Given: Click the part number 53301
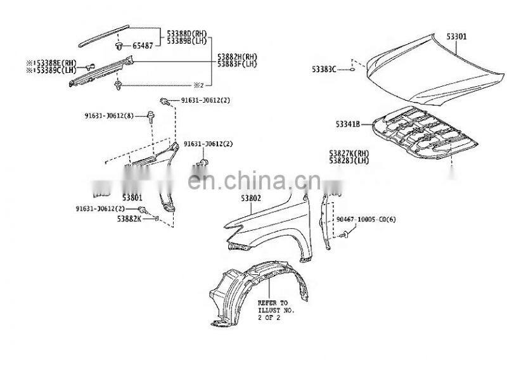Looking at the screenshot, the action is point(456,37).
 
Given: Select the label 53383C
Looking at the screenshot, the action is point(323,68).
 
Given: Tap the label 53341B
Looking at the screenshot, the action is point(344,124).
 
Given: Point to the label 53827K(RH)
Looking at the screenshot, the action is point(349,153).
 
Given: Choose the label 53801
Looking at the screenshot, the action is point(132,198).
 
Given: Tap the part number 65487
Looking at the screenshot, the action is point(143,46).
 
